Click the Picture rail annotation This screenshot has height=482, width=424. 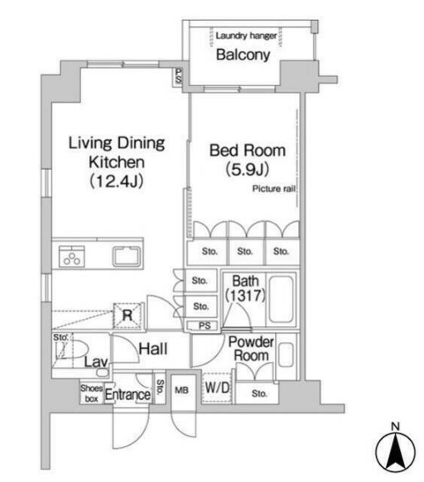click(273, 188)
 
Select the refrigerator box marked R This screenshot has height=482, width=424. click(128, 314)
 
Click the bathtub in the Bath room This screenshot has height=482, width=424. click(282, 298)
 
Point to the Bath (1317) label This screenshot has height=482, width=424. click(246, 287)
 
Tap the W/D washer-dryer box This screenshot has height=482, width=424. click(217, 387)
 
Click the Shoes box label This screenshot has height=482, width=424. click(89, 393)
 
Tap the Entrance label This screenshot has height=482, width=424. click(127, 395)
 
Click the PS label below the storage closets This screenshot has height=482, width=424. click(203, 325)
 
